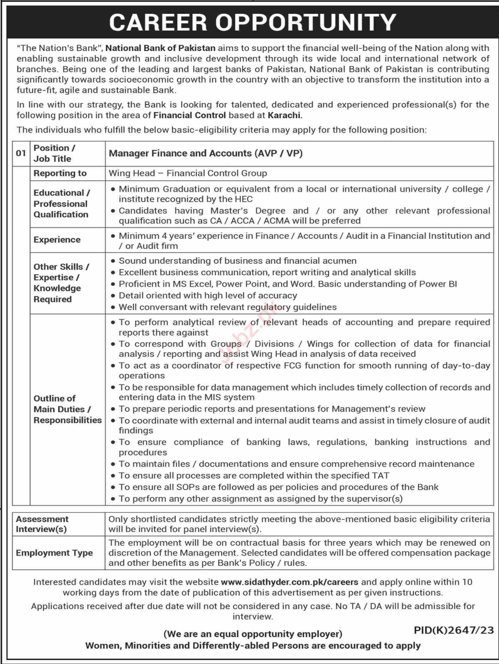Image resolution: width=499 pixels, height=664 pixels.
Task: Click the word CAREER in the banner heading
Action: click(158, 22)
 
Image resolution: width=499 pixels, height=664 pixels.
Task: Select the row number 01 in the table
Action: click(21, 153)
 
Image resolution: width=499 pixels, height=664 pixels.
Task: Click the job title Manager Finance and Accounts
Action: click(180, 153)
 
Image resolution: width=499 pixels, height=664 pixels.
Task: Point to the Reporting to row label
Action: click(60, 173)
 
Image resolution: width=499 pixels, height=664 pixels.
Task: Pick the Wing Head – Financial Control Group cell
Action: click(188, 173)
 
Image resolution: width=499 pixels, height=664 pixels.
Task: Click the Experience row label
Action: click(57, 240)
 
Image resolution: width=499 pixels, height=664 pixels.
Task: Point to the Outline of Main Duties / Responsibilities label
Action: click(67, 409)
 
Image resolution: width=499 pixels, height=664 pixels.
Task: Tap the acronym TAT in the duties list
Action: click(381, 476)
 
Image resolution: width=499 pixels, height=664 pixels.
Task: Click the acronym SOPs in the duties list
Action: click(186, 487)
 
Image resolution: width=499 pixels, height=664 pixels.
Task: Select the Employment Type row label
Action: click(54, 553)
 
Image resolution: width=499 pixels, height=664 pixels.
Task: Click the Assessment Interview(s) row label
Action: click(42, 524)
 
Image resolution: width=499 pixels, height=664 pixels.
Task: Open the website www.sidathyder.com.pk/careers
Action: click(289, 582)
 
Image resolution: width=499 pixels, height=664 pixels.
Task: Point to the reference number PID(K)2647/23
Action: click(454, 630)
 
